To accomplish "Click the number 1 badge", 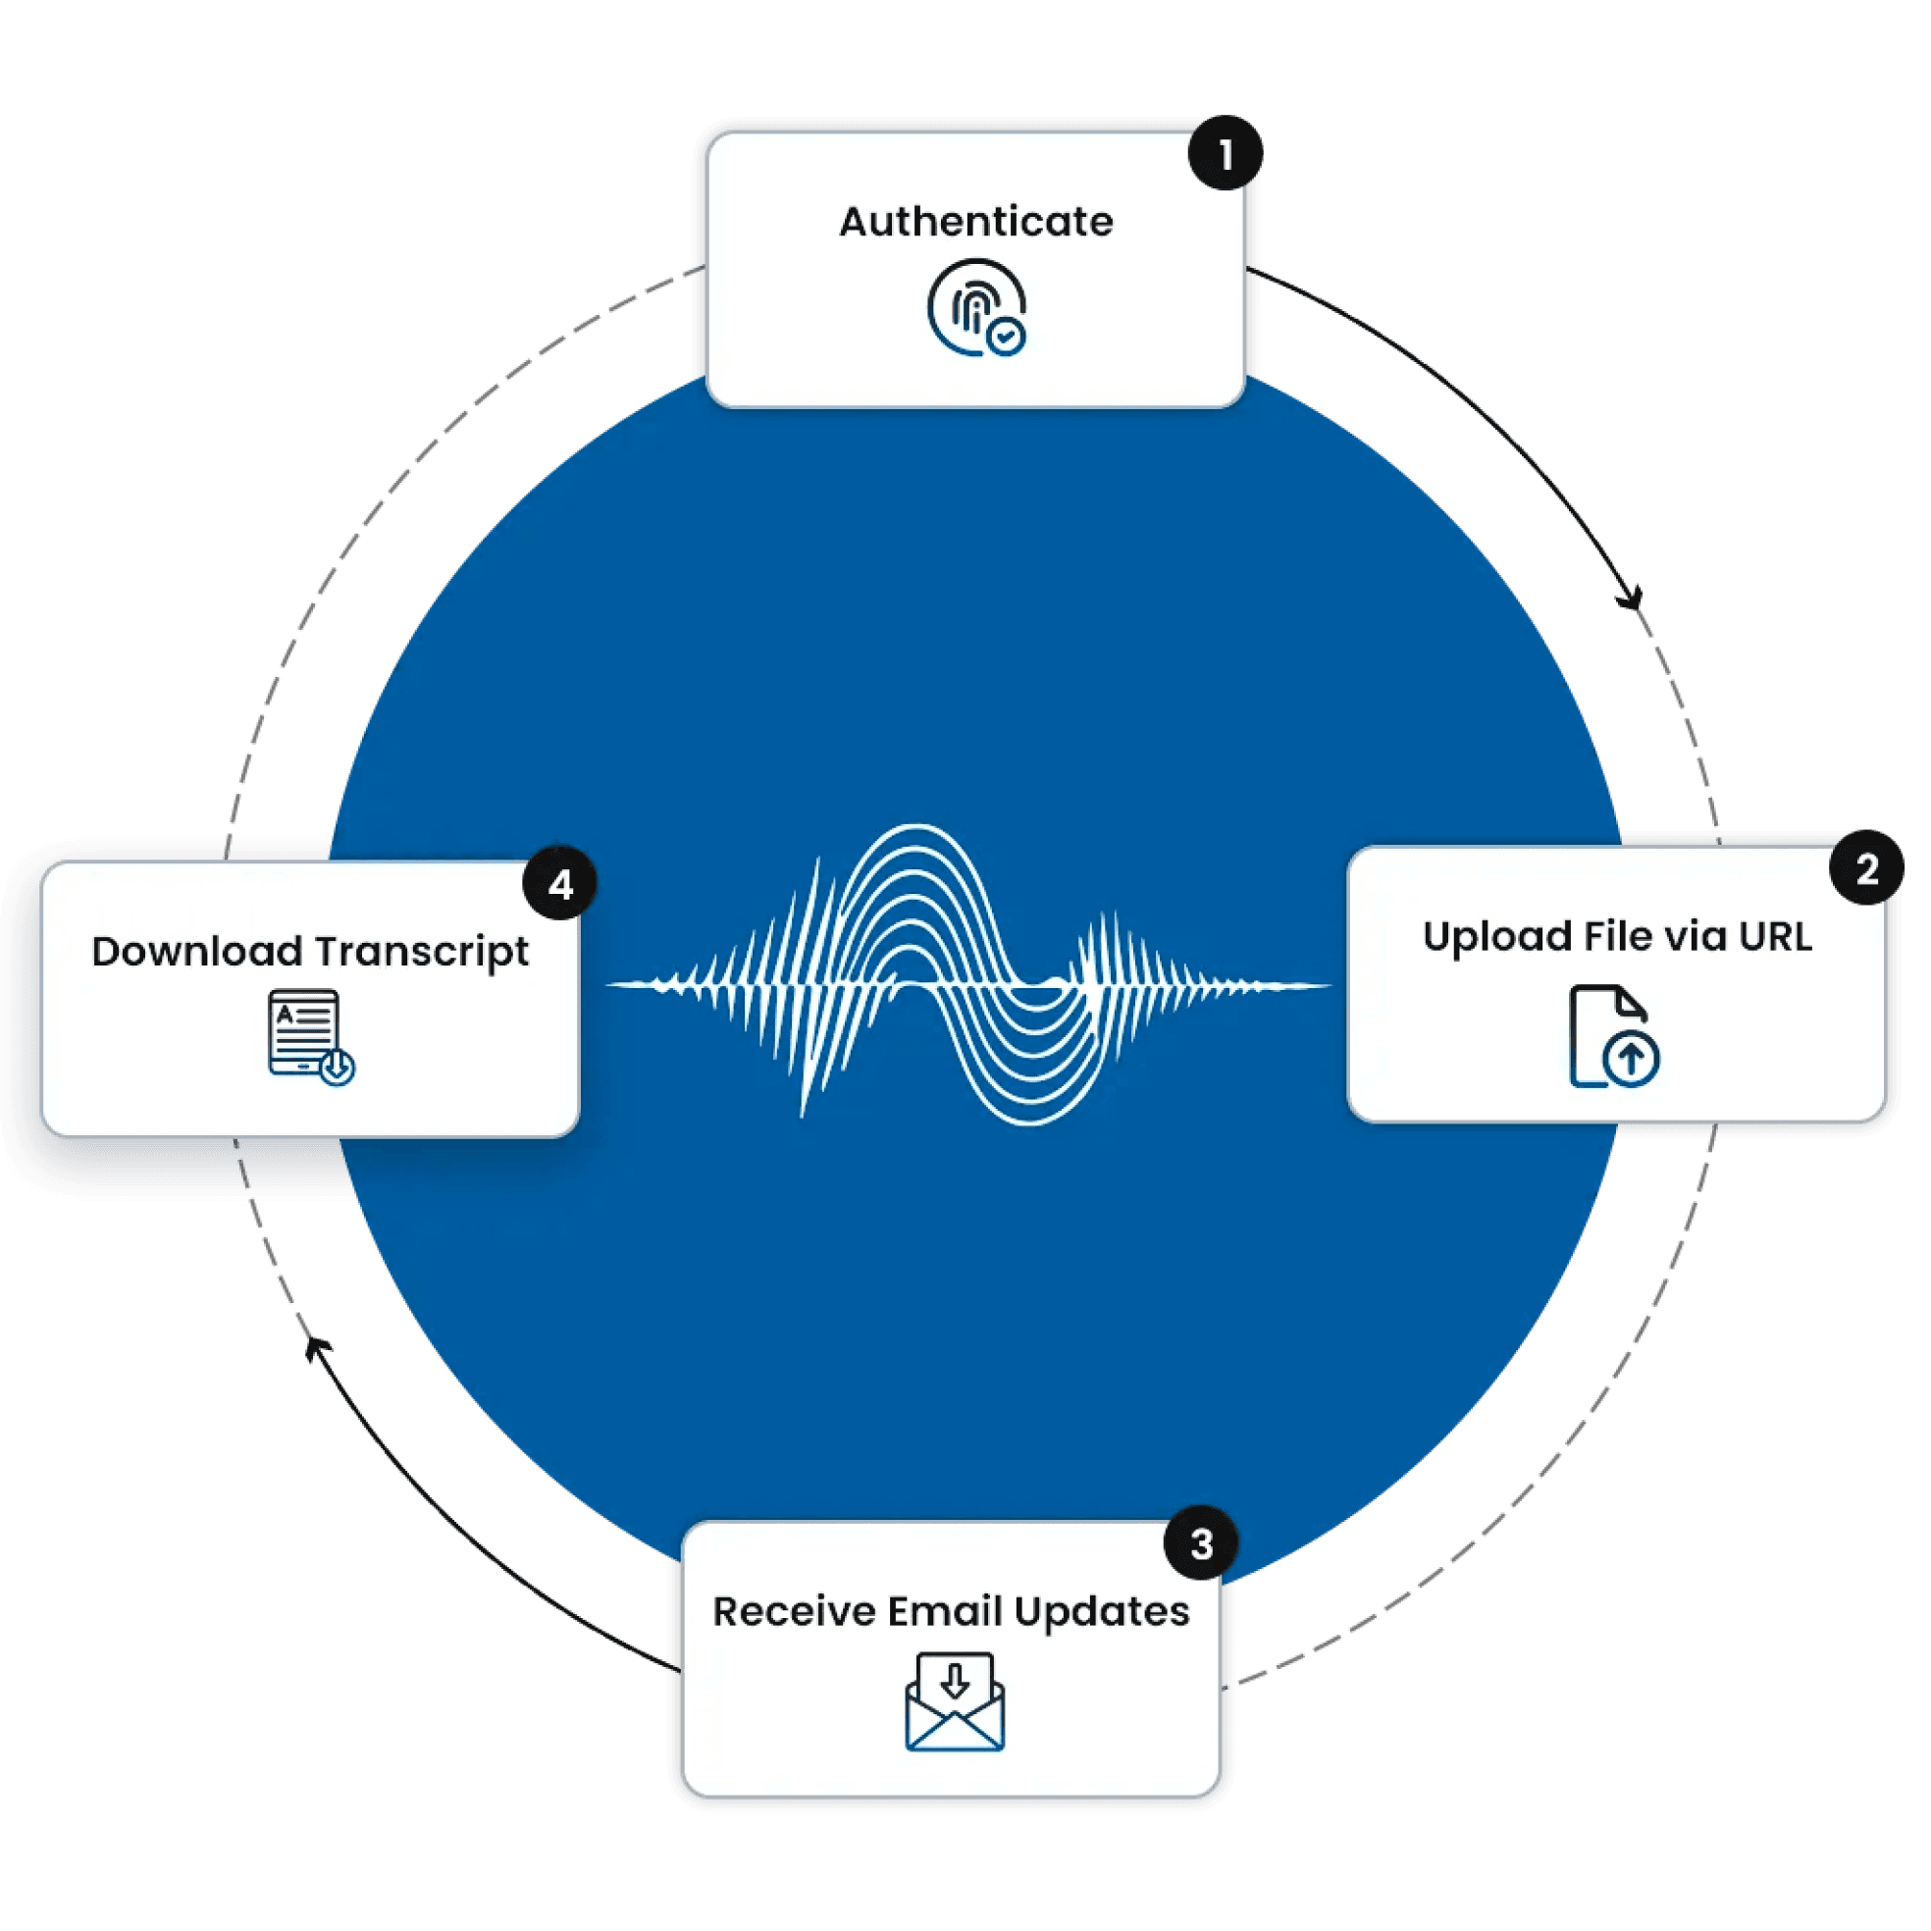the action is [1225, 155].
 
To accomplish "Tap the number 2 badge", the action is [1866, 868].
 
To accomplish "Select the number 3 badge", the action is [1201, 1544].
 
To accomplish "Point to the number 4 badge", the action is [559, 883].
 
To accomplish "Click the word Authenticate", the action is [975, 222].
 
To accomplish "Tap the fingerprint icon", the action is [974, 307].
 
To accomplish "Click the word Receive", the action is [794, 1611].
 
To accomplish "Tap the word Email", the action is [945, 1611].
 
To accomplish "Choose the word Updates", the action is [1102, 1613].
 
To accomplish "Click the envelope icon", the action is [955, 1702].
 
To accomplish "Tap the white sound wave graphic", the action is [967, 975].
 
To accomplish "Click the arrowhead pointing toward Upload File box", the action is [1630, 599].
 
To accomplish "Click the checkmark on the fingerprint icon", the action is [1006, 337].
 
